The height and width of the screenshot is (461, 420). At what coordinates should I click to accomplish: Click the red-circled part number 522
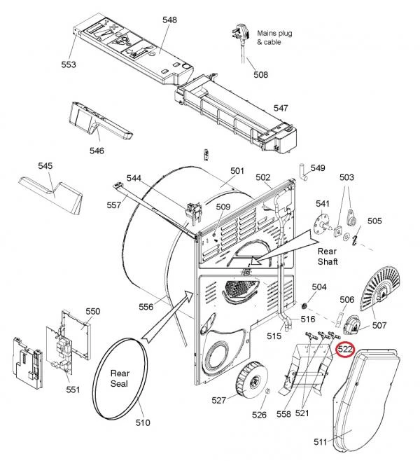pyautogui.click(x=345, y=350)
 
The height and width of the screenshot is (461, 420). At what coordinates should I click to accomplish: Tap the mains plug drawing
pyautogui.click(x=240, y=35)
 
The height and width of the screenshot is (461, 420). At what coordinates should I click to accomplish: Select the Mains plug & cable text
pyautogui.click(x=274, y=38)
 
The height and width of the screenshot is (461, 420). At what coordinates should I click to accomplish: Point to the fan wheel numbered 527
pyautogui.click(x=252, y=383)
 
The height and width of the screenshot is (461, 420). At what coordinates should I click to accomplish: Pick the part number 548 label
pyautogui.click(x=170, y=20)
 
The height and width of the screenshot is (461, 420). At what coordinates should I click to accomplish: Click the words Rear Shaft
pyautogui.click(x=328, y=256)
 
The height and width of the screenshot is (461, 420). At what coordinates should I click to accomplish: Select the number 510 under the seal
pyautogui.click(x=143, y=422)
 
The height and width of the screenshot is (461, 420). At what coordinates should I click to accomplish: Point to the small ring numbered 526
pyautogui.click(x=267, y=392)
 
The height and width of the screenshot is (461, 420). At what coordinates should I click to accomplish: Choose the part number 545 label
pyautogui.click(x=45, y=166)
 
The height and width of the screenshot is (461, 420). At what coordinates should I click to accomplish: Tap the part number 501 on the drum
pyautogui.click(x=237, y=171)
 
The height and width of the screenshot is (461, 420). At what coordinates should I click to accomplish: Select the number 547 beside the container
pyautogui.click(x=281, y=108)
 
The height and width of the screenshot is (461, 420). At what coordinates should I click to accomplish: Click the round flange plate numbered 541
pyautogui.click(x=321, y=226)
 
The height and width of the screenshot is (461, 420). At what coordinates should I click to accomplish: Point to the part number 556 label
pyautogui.click(x=146, y=307)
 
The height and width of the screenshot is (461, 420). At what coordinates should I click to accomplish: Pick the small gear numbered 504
pyautogui.click(x=304, y=306)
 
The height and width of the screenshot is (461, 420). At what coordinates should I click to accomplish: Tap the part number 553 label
pyautogui.click(x=69, y=64)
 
